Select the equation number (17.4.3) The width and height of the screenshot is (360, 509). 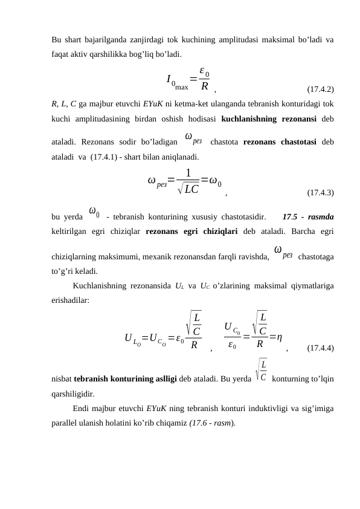[x=321, y=193]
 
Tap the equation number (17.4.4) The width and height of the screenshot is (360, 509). [x=321, y=348]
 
